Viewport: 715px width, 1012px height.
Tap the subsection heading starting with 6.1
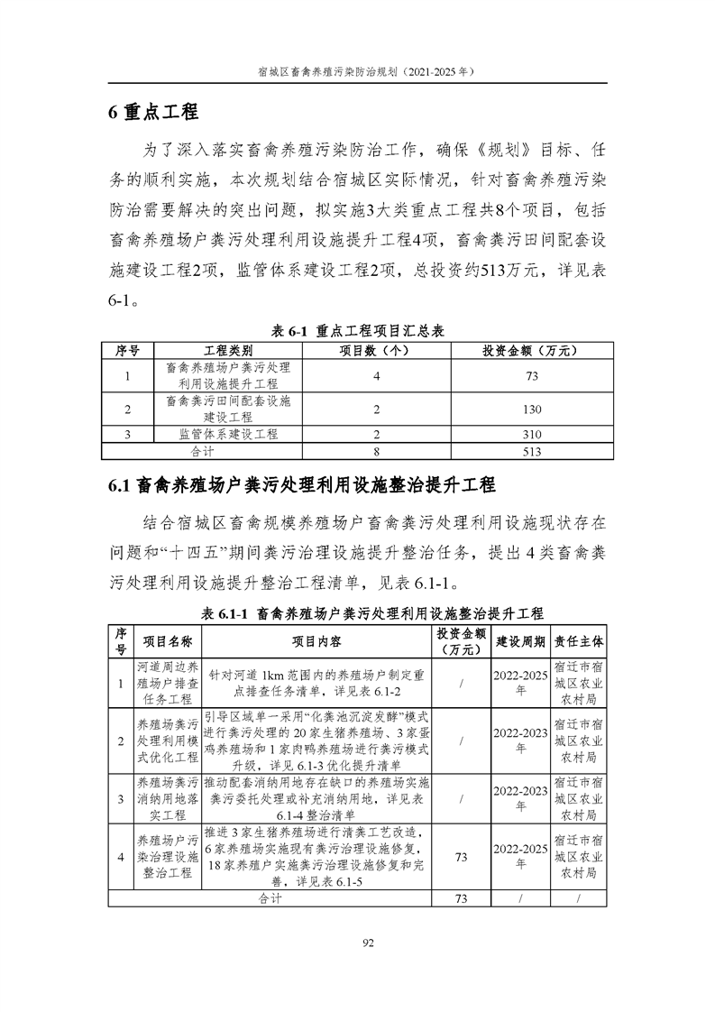tap(302, 485)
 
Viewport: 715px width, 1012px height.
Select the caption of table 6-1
tap(356, 331)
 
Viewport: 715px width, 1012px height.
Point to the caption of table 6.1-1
tap(358, 613)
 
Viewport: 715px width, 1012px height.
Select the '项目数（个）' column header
tap(375, 350)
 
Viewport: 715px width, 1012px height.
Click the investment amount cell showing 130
tap(532, 409)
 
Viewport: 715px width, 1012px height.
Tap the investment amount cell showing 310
tap(532, 435)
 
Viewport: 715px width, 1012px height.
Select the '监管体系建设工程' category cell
tap(228, 435)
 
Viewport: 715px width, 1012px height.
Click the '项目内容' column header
tap(316, 640)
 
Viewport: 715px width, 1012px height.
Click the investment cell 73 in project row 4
tap(461, 857)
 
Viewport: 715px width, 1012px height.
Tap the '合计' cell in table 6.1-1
tap(270, 898)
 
